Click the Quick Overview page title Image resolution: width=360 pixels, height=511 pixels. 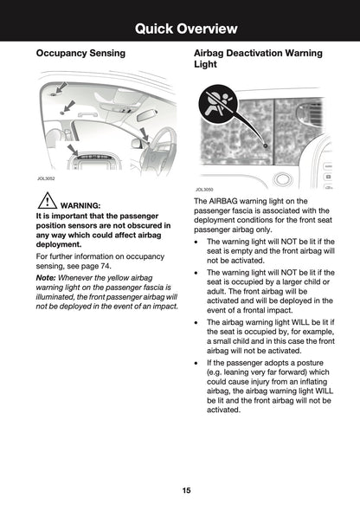click(x=186, y=29)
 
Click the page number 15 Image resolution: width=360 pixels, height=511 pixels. click(x=186, y=490)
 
